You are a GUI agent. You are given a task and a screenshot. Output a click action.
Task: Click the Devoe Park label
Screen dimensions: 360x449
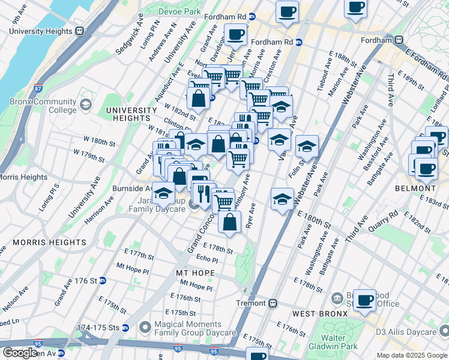point(179,11)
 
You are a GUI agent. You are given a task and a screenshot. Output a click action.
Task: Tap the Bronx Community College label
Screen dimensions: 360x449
point(43,106)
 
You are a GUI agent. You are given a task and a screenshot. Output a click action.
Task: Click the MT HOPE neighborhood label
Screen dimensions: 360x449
point(191,272)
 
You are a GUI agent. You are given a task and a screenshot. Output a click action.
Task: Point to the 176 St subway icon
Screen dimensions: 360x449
point(103,280)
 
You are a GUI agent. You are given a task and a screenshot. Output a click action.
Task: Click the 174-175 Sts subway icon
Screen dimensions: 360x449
point(125,328)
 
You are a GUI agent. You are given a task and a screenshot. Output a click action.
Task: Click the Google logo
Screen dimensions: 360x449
point(19,353)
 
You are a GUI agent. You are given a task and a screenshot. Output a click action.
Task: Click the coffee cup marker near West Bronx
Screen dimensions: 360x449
point(364,299)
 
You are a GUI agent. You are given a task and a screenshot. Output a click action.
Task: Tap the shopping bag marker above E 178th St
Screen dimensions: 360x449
point(230,221)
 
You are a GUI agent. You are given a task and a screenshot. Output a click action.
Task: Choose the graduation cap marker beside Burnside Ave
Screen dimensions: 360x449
point(163,194)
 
